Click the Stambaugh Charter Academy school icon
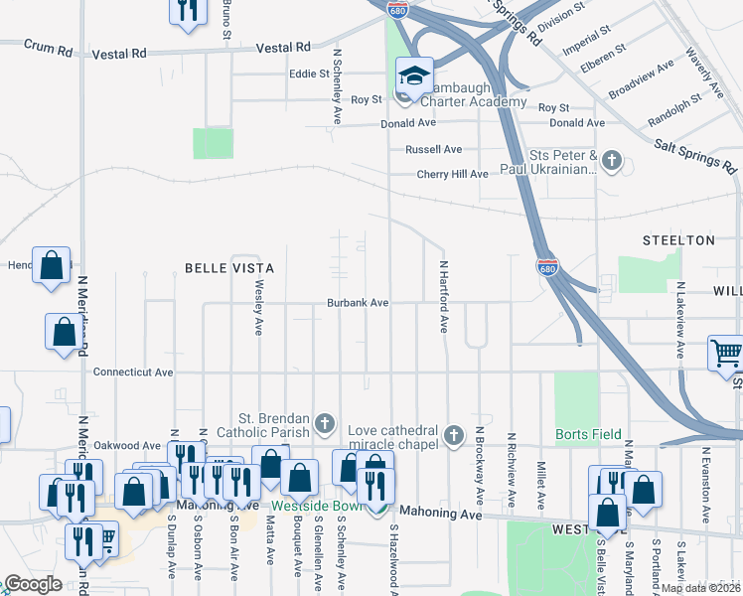(413, 76)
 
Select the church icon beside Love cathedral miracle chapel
(454, 435)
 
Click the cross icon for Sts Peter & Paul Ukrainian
(612, 160)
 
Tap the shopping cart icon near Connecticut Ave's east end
(725, 354)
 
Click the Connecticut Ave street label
(133, 372)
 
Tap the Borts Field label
(588, 434)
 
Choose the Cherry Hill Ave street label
(452, 174)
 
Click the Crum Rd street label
(50, 46)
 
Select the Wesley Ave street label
(258, 307)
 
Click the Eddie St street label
(309, 74)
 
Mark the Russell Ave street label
(433, 149)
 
